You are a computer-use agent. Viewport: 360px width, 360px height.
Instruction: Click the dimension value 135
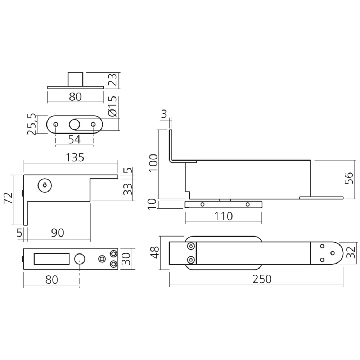click(75, 157)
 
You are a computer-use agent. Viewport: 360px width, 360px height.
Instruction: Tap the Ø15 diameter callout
click(112, 107)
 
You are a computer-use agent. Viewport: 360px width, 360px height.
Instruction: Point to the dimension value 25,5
click(32, 124)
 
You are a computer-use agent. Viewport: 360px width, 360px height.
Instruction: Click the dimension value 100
click(153, 164)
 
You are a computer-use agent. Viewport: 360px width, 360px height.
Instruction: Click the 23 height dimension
click(112, 80)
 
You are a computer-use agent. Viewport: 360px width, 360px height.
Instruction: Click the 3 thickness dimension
click(164, 115)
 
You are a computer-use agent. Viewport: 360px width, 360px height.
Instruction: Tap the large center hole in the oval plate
click(75, 124)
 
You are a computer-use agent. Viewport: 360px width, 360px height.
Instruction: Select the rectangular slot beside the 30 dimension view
click(51, 259)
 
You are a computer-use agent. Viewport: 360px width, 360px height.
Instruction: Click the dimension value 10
click(153, 204)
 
